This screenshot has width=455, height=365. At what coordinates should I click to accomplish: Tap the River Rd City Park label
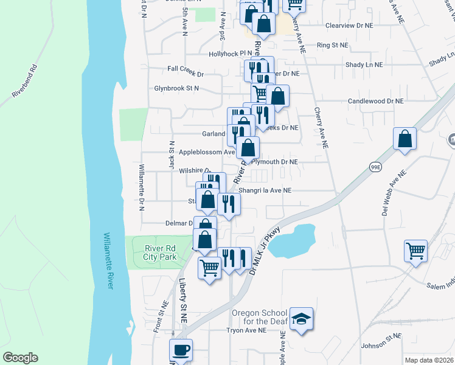coord(161,252)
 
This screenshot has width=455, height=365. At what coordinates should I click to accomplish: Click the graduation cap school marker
coord(300,319)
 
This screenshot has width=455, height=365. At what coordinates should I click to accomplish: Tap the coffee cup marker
coord(181,350)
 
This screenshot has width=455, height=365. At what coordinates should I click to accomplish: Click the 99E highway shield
coord(375,165)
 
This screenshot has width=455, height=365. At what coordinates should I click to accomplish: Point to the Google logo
coord(20,358)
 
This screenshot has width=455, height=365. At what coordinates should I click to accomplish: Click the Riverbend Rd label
coord(24,83)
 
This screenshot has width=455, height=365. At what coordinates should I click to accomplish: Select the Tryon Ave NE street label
coord(246,331)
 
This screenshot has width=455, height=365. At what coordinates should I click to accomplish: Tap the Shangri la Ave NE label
coord(265,190)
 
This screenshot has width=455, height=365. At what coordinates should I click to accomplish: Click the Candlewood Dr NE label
coord(375,101)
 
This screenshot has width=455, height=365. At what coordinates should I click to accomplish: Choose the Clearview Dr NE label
coord(349,26)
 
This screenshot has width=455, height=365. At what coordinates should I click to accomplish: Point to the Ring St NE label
coord(332,45)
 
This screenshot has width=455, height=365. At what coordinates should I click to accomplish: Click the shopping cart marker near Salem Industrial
coord(416,249)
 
